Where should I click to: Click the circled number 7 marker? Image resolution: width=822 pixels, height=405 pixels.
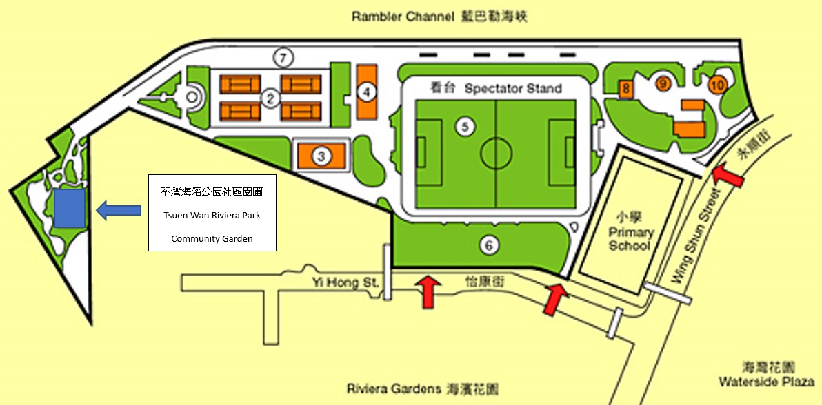coord(283,58)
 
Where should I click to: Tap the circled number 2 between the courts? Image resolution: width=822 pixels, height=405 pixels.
coord(271,98)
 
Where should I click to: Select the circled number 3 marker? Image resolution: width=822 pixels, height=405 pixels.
coord(321,156)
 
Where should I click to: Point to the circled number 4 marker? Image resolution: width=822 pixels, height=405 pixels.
coord(368,92)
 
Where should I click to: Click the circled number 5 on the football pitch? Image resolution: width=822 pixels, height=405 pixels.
coord(465,126)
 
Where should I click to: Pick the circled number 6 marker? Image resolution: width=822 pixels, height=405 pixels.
coord(489,244)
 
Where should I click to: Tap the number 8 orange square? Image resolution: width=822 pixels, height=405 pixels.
coord(626,89)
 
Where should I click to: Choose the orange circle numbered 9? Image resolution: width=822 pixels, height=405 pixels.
coord(663,83)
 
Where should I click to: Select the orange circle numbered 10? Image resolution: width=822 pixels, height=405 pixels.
coord(717,85)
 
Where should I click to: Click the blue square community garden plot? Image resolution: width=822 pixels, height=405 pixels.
coord(70,208)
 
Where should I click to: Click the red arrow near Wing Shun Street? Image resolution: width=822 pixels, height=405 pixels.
coord(728,176)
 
